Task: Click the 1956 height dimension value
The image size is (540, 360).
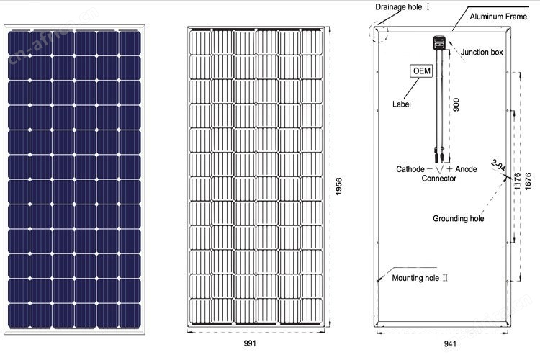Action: point(338,186)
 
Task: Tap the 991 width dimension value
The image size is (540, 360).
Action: point(250,343)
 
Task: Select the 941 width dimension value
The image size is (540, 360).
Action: point(450,343)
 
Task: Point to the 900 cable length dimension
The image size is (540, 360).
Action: point(456,104)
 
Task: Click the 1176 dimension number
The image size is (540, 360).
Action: point(517,181)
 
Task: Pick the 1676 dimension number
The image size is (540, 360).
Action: point(528,181)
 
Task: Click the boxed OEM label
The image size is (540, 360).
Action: point(421,71)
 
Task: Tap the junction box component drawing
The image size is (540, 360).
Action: point(438,43)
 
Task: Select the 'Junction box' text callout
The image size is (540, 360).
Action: point(482,52)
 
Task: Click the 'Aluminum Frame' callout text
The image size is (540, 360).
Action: point(498,17)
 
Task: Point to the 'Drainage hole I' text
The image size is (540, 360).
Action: point(402,7)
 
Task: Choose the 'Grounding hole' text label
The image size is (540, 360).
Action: point(458,218)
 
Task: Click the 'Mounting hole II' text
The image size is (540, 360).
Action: point(420,278)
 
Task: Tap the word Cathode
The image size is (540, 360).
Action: point(410,169)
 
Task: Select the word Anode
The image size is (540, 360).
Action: point(466,169)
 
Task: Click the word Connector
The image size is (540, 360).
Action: point(438,179)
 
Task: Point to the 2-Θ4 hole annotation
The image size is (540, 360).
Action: point(498,166)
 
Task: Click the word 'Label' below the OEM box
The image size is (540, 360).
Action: point(402,104)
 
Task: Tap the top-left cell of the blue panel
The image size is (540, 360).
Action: point(19,42)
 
